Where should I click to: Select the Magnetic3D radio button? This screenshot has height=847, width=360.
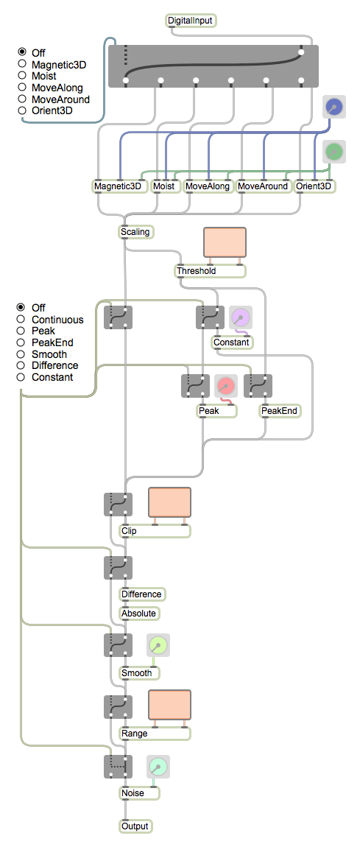[x=22, y=64]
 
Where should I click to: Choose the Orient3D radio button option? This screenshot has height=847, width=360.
[x=22, y=110]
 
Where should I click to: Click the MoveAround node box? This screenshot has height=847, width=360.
[x=263, y=186]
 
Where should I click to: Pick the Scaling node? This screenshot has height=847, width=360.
[x=136, y=232]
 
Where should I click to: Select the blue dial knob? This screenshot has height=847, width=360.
[x=334, y=108]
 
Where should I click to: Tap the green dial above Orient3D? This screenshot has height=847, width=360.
[x=334, y=152]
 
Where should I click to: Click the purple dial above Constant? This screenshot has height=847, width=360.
[x=241, y=317]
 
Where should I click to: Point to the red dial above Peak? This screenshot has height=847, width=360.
[x=225, y=386]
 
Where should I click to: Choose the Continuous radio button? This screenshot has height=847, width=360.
[x=21, y=319]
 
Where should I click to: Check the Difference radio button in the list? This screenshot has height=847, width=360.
[x=21, y=366]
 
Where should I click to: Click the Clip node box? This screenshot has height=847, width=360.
[x=155, y=531]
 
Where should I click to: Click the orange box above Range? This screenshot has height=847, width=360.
[x=170, y=705]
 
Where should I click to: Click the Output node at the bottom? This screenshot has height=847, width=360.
[x=135, y=826]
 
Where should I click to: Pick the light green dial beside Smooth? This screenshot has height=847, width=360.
[x=158, y=645]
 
